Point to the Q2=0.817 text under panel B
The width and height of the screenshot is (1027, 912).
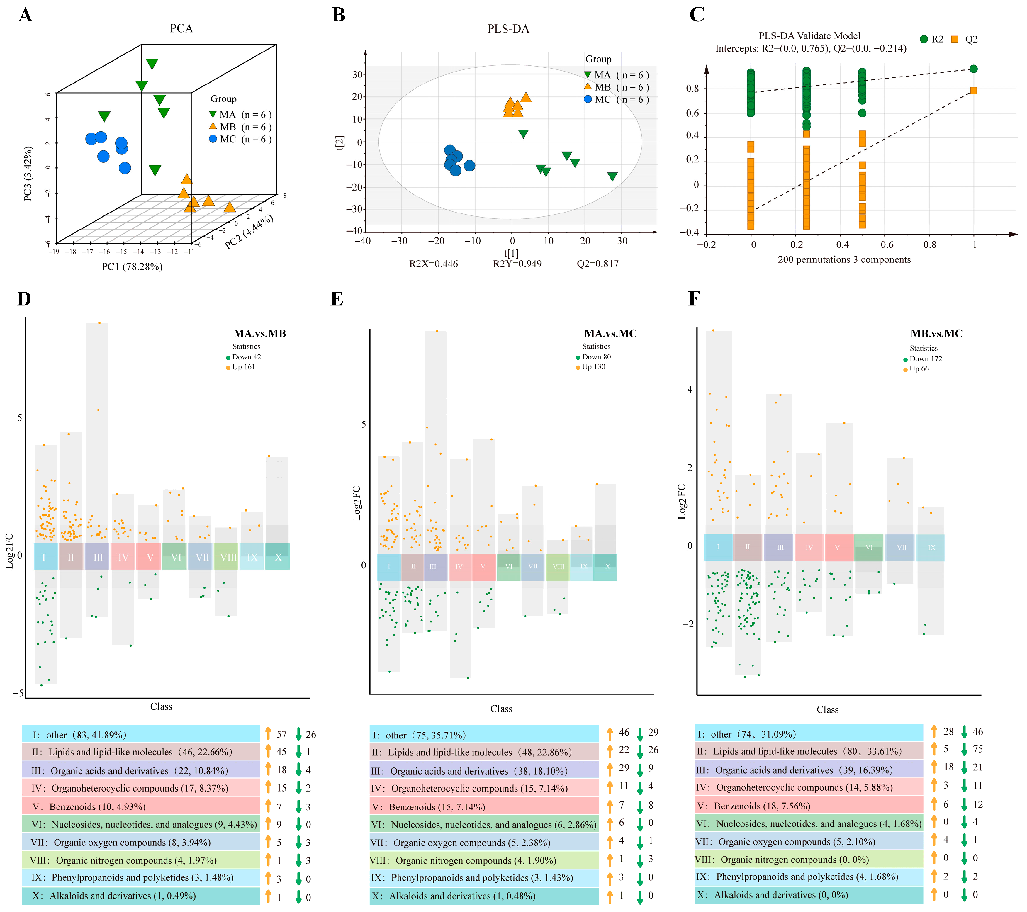pos(597,264)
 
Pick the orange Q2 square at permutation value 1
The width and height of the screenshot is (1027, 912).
pos(973,91)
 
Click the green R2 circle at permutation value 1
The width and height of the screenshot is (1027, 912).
pos(973,69)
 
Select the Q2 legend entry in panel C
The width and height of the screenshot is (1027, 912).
pos(964,39)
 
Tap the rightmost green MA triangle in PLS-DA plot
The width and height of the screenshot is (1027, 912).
pos(612,176)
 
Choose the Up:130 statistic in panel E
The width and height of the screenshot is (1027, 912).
pos(593,367)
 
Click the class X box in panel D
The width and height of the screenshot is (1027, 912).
pos(278,557)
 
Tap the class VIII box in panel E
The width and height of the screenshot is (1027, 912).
pos(558,567)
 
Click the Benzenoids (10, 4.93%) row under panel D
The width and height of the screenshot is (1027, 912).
pos(141,806)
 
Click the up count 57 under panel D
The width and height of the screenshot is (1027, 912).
pos(281,734)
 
